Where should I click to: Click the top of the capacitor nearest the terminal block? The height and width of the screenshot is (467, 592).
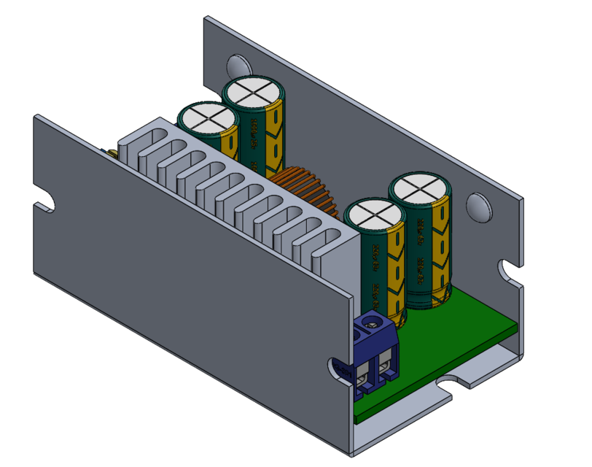tap(374, 217)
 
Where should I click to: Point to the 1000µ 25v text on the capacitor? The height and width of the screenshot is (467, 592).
tap(254, 131)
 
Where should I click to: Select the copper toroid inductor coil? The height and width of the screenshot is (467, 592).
tap(305, 189)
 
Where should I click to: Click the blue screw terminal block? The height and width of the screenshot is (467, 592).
tap(376, 354)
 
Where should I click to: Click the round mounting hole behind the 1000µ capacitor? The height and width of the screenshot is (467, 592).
tap(237, 65)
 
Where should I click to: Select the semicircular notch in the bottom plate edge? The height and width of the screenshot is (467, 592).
tap(455, 381)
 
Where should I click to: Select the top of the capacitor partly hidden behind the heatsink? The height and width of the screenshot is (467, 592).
tap(207, 117)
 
